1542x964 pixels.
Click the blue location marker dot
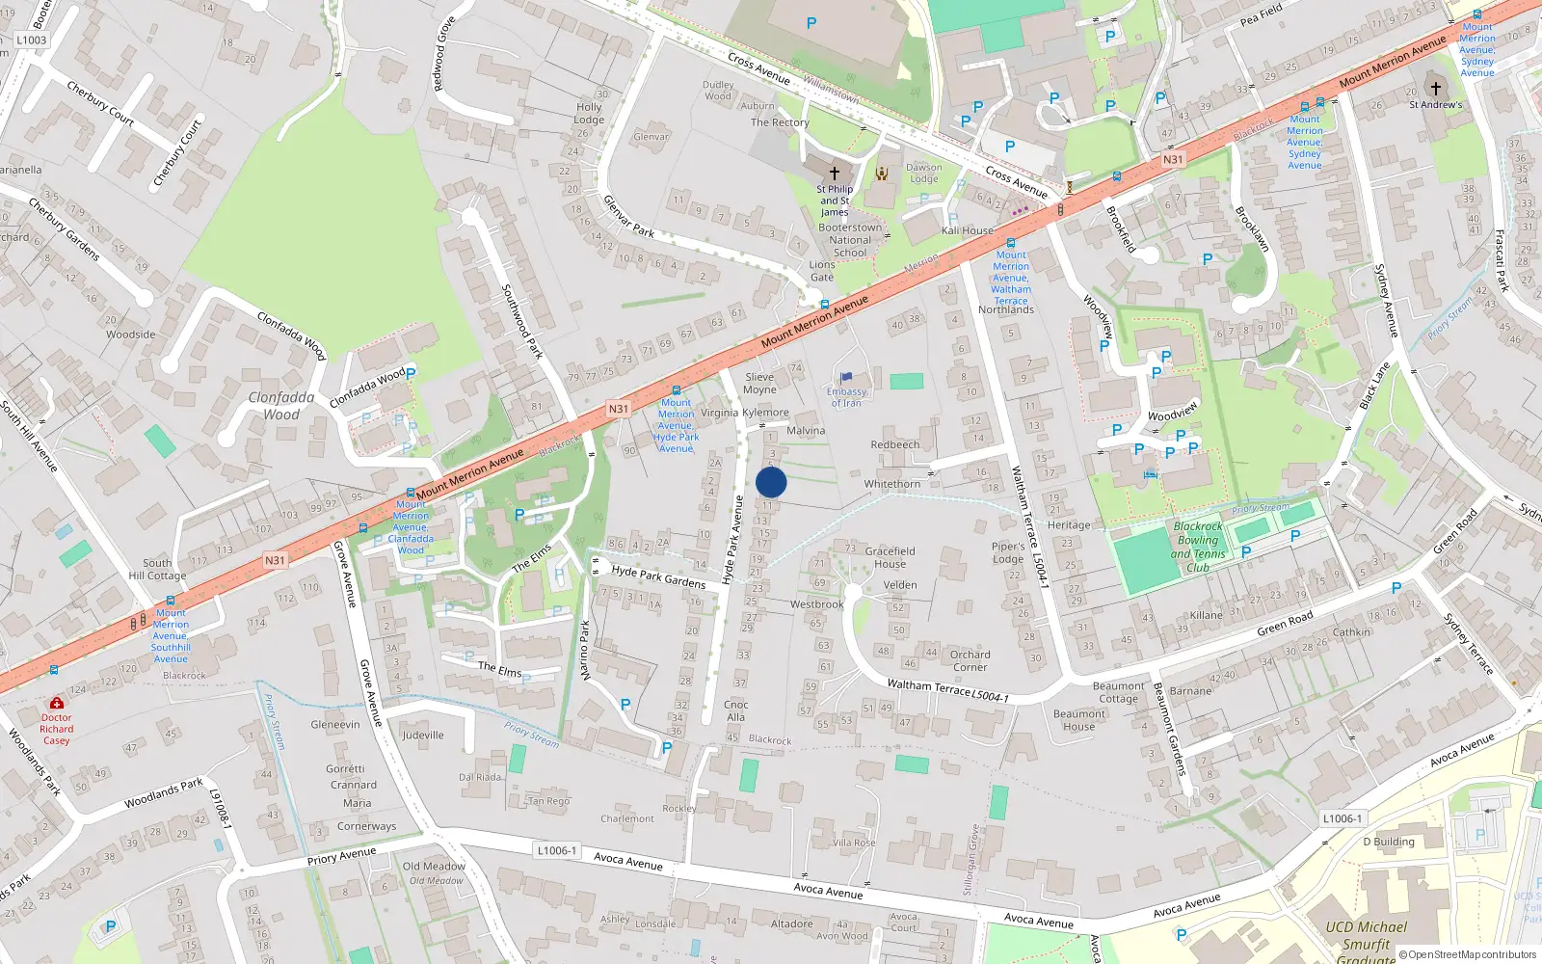point(771,482)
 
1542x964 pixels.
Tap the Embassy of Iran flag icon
point(846,378)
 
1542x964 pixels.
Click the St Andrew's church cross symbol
point(1435,89)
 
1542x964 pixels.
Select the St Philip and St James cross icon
point(835,173)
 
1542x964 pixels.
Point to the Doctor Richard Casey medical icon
point(57,704)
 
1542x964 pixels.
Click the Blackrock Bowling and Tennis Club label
point(1198,548)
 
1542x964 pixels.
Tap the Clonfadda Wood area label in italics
point(281,406)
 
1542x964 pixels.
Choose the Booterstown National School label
point(849,240)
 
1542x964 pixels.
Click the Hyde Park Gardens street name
point(658,576)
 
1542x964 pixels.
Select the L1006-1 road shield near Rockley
point(557,850)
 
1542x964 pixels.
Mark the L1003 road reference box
point(32,40)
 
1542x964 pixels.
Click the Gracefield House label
point(890,557)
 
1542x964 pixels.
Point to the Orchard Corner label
point(970,660)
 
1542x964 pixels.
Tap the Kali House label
point(967,230)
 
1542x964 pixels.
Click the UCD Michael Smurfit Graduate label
point(1366,940)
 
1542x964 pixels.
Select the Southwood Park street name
point(522,321)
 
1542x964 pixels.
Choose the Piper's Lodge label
point(1008,552)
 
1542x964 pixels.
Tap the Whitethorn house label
point(892,484)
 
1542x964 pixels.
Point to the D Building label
point(1389,842)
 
